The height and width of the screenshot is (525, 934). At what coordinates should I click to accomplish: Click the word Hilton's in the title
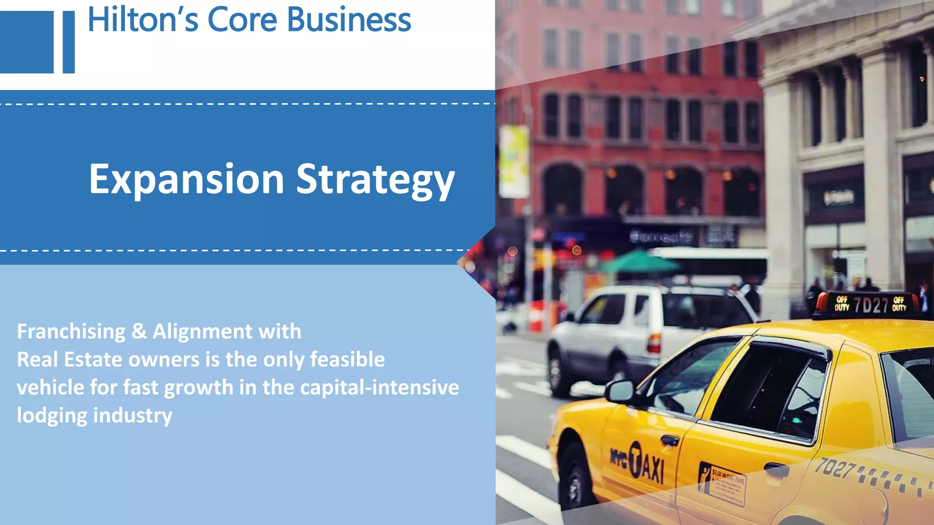(x=143, y=20)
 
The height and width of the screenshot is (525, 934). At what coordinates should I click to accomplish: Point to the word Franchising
(x=71, y=331)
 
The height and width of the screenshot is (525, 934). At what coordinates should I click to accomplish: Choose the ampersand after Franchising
(x=139, y=331)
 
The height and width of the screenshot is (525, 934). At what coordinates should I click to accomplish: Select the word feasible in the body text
(x=348, y=360)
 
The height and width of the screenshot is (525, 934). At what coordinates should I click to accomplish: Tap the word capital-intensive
(x=379, y=387)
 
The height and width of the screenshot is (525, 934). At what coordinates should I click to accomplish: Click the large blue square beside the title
(x=26, y=42)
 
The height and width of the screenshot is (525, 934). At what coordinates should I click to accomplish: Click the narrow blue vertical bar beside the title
(x=69, y=42)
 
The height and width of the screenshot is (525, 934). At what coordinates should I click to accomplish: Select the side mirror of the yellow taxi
(x=620, y=391)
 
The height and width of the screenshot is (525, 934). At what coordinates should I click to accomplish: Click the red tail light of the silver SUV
(x=654, y=343)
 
